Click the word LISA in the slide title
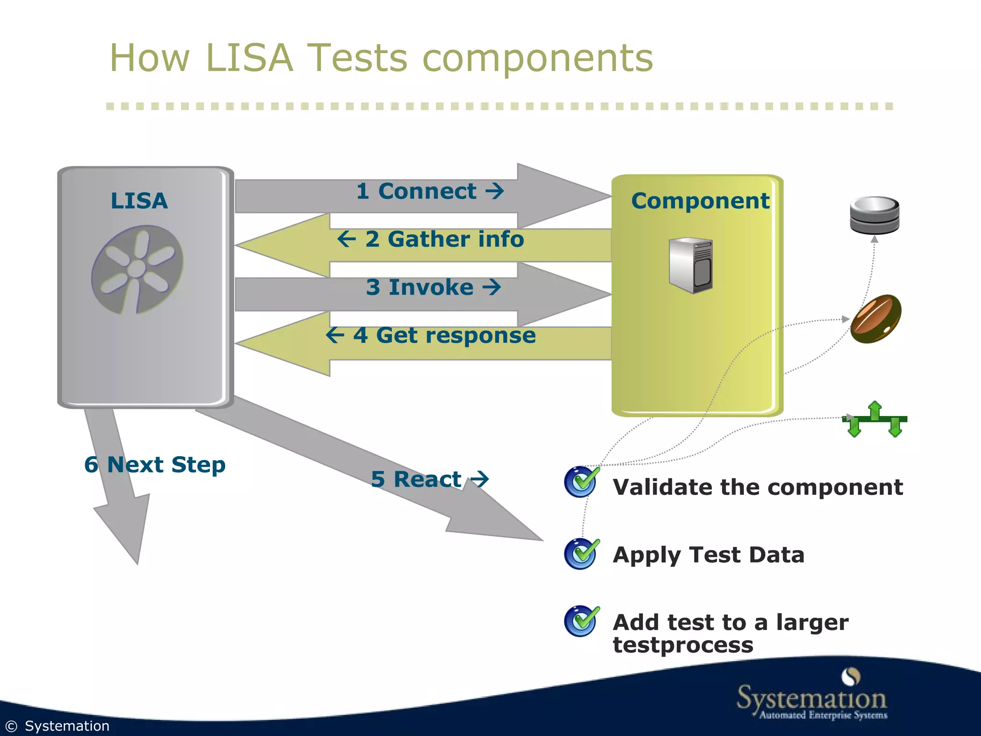click(249, 58)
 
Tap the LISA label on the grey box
click(139, 200)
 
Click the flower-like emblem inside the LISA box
click(137, 269)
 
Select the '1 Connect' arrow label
click(429, 191)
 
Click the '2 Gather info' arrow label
click(430, 239)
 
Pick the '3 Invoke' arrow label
click(433, 287)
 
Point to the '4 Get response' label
click(430, 335)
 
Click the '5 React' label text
click(429, 479)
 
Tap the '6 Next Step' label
click(155, 465)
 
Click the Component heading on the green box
click(700, 201)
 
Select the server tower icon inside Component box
click(691, 265)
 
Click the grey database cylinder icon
click(874, 215)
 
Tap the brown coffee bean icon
click(876, 319)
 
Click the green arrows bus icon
click(875, 419)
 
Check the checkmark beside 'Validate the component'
click(581, 482)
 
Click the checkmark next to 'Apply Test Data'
click(581, 554)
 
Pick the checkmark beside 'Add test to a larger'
click(581, 621)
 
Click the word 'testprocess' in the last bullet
click(683, 645)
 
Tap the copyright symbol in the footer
click(11, 726)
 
